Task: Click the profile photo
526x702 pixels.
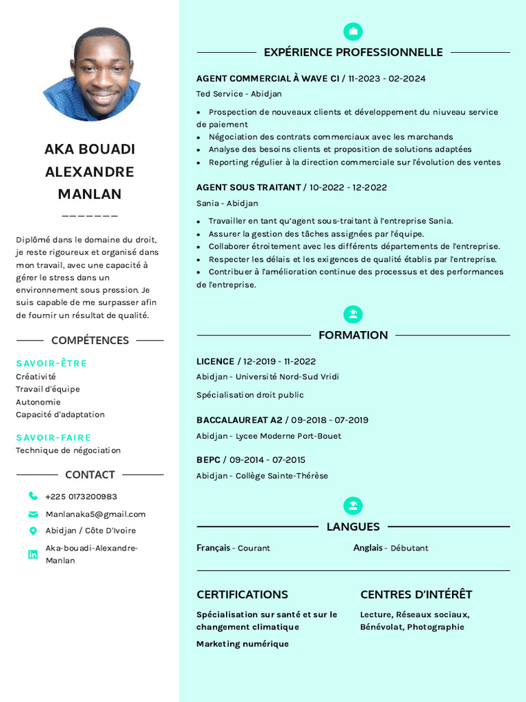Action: [92, 74]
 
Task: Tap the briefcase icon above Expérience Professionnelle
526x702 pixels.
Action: [353, 32]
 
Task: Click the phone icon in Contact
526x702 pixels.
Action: [33, 496]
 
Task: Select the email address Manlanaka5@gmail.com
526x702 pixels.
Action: [95, 514]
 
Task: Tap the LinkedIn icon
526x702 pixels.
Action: [33, 554]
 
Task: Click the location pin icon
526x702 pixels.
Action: [33, 531]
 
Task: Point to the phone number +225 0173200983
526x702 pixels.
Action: [81, 496]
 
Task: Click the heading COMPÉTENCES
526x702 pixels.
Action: [90, 340]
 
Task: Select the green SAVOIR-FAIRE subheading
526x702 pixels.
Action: [53, 437]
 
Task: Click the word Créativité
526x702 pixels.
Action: [36, 376]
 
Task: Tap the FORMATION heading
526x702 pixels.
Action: [353, 335]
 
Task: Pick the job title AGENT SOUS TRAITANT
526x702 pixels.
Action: [248, 187]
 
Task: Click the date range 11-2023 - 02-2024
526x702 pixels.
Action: [386, 79]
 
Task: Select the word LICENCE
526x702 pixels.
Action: [215, 361]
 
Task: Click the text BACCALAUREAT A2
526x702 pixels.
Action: [239, 420]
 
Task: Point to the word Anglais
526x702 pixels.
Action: [368, 548]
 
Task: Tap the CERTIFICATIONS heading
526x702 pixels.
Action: [242, 594]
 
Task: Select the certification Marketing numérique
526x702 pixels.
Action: [242, 644]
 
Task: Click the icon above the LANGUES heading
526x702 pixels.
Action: [353, 506]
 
